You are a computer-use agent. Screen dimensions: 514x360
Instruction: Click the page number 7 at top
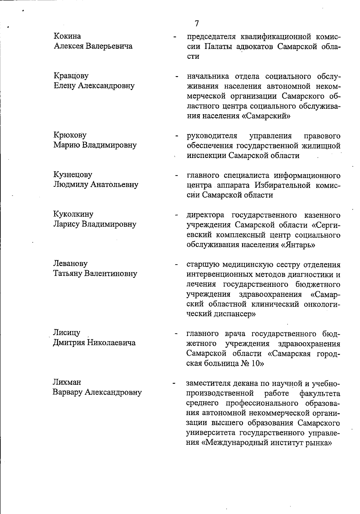196,23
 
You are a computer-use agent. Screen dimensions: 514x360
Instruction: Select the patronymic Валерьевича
109,46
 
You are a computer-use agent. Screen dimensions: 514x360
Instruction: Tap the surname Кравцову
71,76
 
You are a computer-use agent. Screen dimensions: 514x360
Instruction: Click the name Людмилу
70,184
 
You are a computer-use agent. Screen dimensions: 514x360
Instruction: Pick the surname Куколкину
73,214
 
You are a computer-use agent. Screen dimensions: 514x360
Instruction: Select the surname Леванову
70,263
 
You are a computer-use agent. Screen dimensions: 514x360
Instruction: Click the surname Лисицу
67,332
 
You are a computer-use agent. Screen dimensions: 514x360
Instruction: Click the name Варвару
67,392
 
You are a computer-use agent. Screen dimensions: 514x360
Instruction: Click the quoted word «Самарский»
266,116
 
